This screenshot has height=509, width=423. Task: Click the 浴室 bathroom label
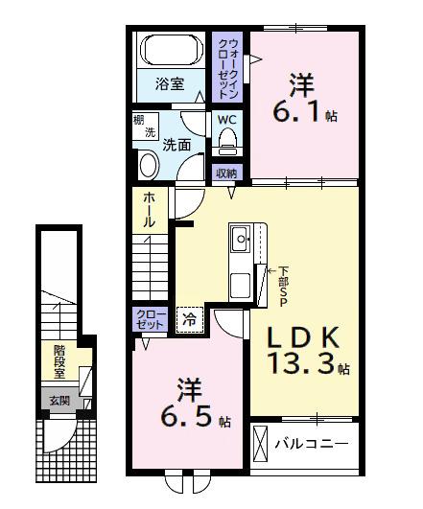pyautogui.click(x=171, y=84)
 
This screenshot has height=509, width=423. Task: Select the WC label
pyautogui.click(x=226, y=119)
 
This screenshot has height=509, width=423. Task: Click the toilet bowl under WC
pyautogui.click(x=227, y=141)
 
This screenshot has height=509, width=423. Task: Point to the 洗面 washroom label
pyautogui.click(x=176, y=146)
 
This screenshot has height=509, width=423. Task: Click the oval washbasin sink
pyautogui.click(x=150, y=166)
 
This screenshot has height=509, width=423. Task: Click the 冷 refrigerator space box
pyautogui.click(x=190, y=320)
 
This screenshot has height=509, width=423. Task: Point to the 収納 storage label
pyautogui.click(x=226, y=174)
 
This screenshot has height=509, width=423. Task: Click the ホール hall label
pyautogui.click(x=149, y=209)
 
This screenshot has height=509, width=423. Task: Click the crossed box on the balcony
pyautogui.click(x=259, y=445)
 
